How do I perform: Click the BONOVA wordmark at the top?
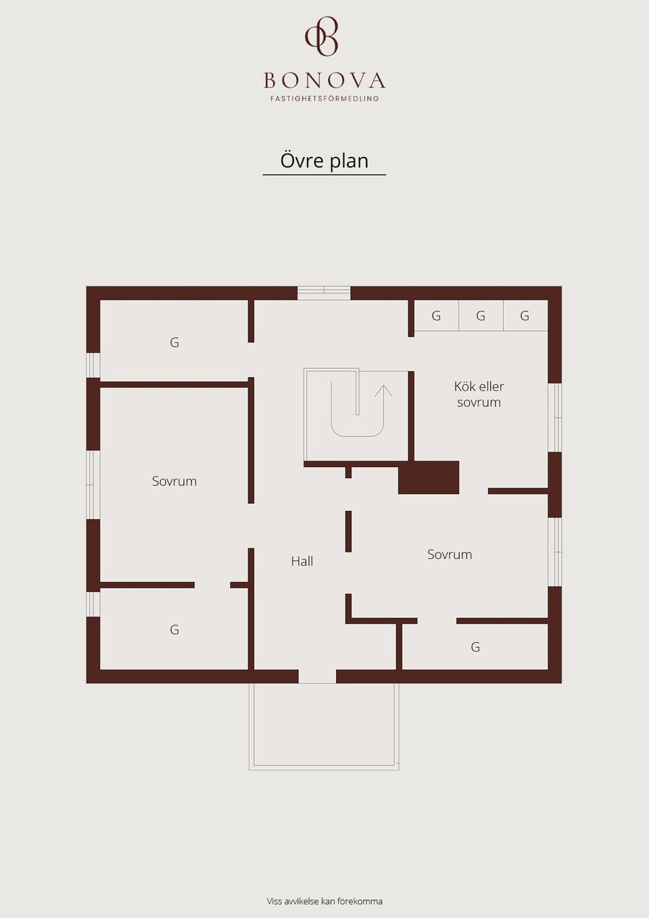(324, 80)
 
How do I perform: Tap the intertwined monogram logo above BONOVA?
(322, 36)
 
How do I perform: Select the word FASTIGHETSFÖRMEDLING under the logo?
(324, 99)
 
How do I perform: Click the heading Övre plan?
(324, 160)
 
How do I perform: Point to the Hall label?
(302, 561)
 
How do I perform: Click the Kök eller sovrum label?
(479, 394)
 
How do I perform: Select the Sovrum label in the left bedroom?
(174, 481)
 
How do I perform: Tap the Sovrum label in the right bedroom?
(450, 554)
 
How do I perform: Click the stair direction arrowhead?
(383, 391)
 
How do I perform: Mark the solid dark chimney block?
(429, 477)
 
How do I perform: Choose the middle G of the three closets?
(481, 316)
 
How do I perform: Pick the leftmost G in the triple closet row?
(436, 316)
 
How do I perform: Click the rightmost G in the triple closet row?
(525, 316)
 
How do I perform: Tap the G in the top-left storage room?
(174, 342)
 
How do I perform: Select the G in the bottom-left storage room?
(174, 629)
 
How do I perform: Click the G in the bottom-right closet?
(475, 647)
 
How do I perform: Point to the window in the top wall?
(324, 293)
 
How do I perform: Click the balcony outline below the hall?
(324, 770)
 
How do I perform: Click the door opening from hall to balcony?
(317, 677)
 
